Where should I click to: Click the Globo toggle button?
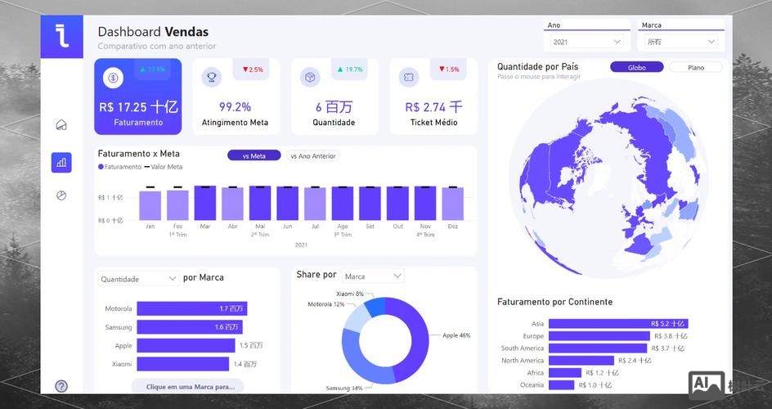(636, 67)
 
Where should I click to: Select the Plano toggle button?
(696, 67)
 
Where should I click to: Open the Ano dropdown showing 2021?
(586, 42)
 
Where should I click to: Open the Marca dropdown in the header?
(680, 42)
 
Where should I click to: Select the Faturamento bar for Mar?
(205, 204)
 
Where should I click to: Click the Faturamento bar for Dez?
(452, 204)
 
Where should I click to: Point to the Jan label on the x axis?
(150, 226)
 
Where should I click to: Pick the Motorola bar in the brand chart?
(191, 308)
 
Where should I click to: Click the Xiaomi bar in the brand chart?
(182, 364)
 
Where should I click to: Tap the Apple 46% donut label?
(456, 335)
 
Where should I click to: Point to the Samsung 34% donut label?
(344, 388)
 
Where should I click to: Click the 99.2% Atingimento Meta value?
(235, 106)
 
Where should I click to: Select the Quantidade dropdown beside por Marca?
(137, 279)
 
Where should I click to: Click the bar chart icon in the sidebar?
(61, 163)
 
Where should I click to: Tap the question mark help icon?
(61, 386)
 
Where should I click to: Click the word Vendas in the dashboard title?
(186, 32)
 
